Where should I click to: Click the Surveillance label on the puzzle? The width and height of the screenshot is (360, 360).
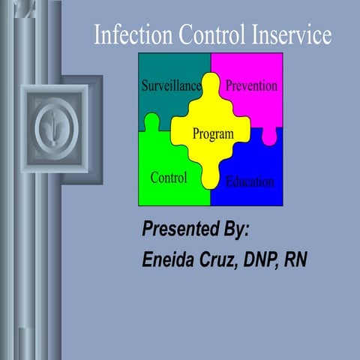(172, 86)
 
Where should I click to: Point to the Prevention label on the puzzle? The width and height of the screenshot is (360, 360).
(251, 85)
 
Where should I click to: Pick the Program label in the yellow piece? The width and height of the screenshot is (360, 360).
(213, 134)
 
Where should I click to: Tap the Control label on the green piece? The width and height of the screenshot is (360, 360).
(169, 178)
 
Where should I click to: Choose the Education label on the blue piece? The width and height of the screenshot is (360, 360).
(250, 181)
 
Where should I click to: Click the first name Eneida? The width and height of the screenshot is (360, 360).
(169, 260)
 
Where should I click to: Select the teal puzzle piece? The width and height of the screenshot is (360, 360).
(161, 67)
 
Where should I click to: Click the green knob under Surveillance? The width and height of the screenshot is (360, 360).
(152, 120)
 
